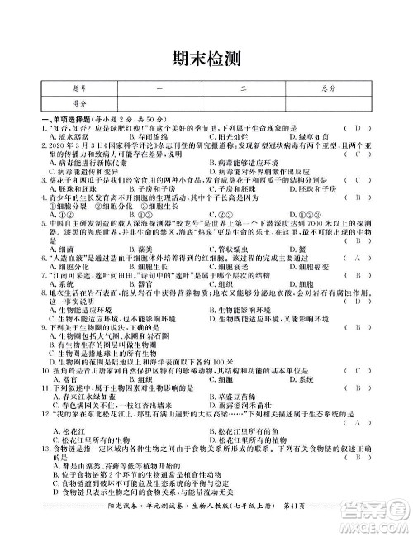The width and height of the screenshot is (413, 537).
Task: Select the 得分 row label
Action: coord(79,103)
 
